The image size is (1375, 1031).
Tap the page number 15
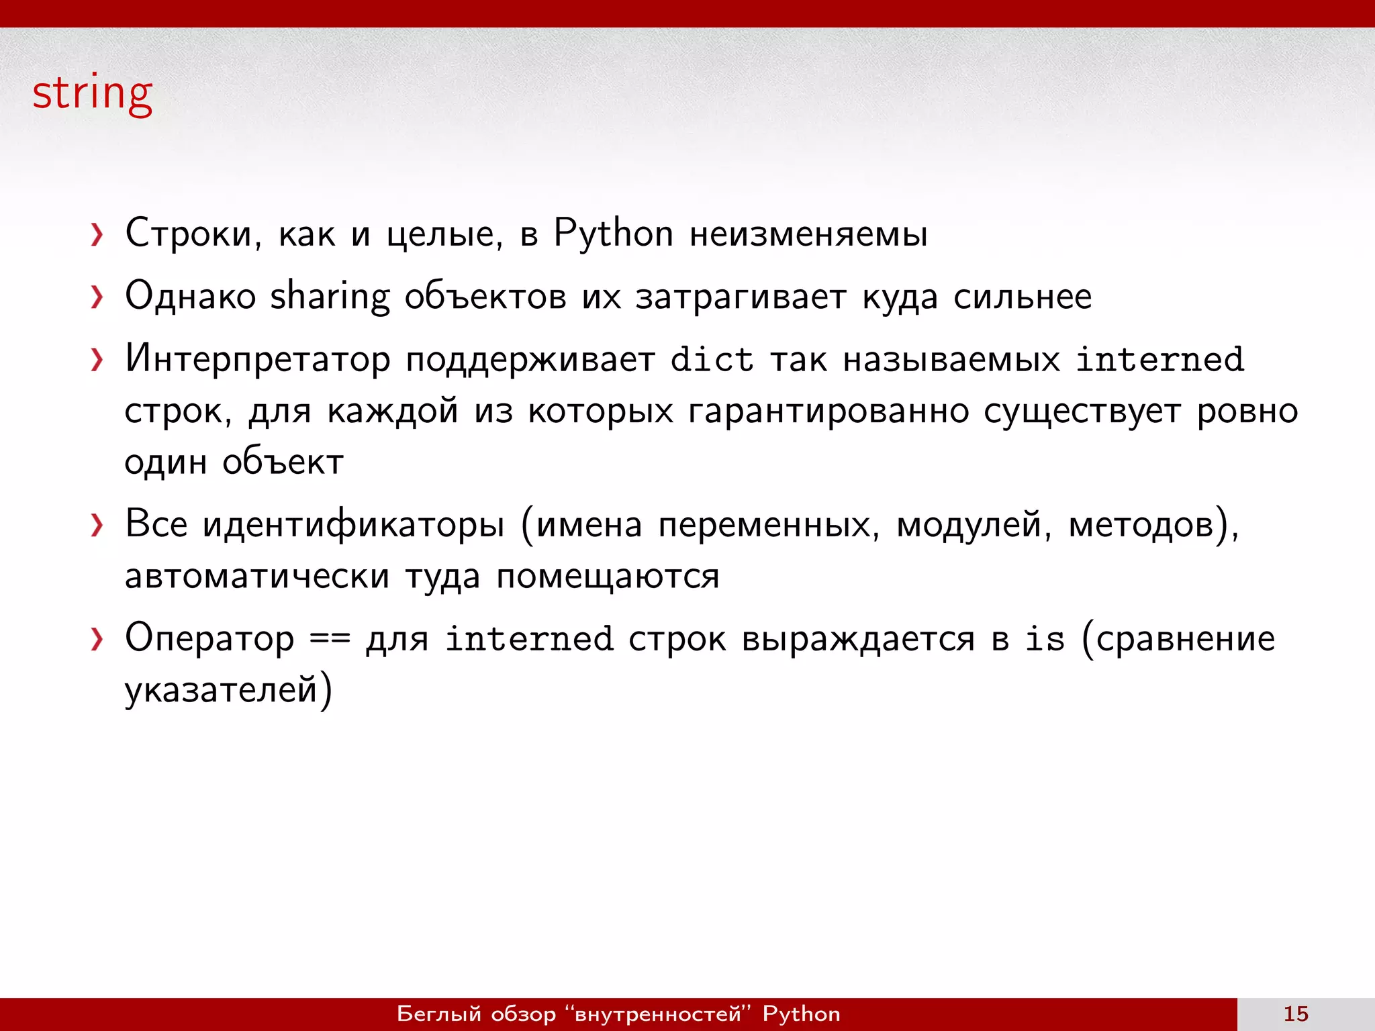[1296, 1014]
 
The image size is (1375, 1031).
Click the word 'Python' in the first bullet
[613, 234]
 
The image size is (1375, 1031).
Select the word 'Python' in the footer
[801, 1014]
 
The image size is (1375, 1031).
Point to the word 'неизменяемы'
[808, 234]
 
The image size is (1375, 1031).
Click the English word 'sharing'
[330, 296]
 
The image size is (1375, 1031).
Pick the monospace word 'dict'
[712, 359]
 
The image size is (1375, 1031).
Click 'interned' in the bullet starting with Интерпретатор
[1159, 359]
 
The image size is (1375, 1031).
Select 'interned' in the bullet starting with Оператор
[529, 638]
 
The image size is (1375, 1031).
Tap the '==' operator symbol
[330, 638]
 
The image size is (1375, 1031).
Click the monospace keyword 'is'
[1045, 638]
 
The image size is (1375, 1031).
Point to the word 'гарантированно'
[828, 411]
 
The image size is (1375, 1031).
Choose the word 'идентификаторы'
[353, 524]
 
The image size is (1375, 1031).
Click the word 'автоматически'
[257, 576]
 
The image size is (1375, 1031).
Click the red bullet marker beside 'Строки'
[97, 235]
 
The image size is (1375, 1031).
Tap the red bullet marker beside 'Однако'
[97, 297]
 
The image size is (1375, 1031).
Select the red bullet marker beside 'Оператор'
[97, 640]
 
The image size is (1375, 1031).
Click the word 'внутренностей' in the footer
[658, 1014]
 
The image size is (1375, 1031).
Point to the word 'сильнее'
[1023, 296]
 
